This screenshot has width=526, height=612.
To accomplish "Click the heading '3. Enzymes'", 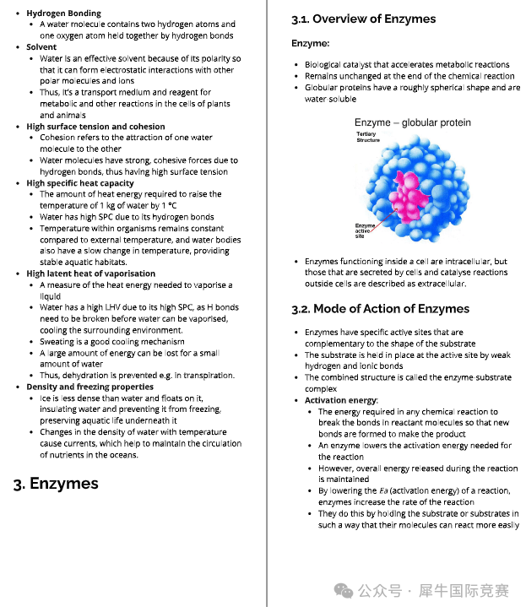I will pyautogui.click(x=56, y=484).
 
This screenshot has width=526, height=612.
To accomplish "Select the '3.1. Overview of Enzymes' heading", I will pyautogui.click(x=363, y=19).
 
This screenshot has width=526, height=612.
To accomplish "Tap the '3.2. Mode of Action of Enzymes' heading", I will pyautogui.click(x=380, y=308).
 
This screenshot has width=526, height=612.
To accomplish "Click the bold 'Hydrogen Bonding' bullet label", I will pyautogui.click(x=63, y=14).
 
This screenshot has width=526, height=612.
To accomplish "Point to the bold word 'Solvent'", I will pyautogui.click(x=41, y=47).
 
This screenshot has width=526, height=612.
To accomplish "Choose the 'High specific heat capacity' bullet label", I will pyautogui.click(x=79, y=183).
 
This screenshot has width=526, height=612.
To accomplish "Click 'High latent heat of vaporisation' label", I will pyautogui.click(x=90, y=274).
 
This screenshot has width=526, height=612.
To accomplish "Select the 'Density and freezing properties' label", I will pyautogui.click(x=89, y=387).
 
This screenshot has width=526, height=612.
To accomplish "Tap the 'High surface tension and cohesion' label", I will pyautogui.click(x=95, y=127).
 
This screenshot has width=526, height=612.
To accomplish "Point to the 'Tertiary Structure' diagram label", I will pyautogui.click(x=368, y=137).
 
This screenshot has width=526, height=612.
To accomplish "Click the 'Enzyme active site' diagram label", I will pyautogui.click(x=366, y=230).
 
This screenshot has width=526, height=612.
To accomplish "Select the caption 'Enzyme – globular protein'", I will pyautogui.click(x=412, y=122).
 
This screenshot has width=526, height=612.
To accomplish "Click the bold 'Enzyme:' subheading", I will pyautogui.click(x=310, y=43).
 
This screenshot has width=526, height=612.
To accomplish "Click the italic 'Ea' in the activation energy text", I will pyautogui.click(x=382, y=490).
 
